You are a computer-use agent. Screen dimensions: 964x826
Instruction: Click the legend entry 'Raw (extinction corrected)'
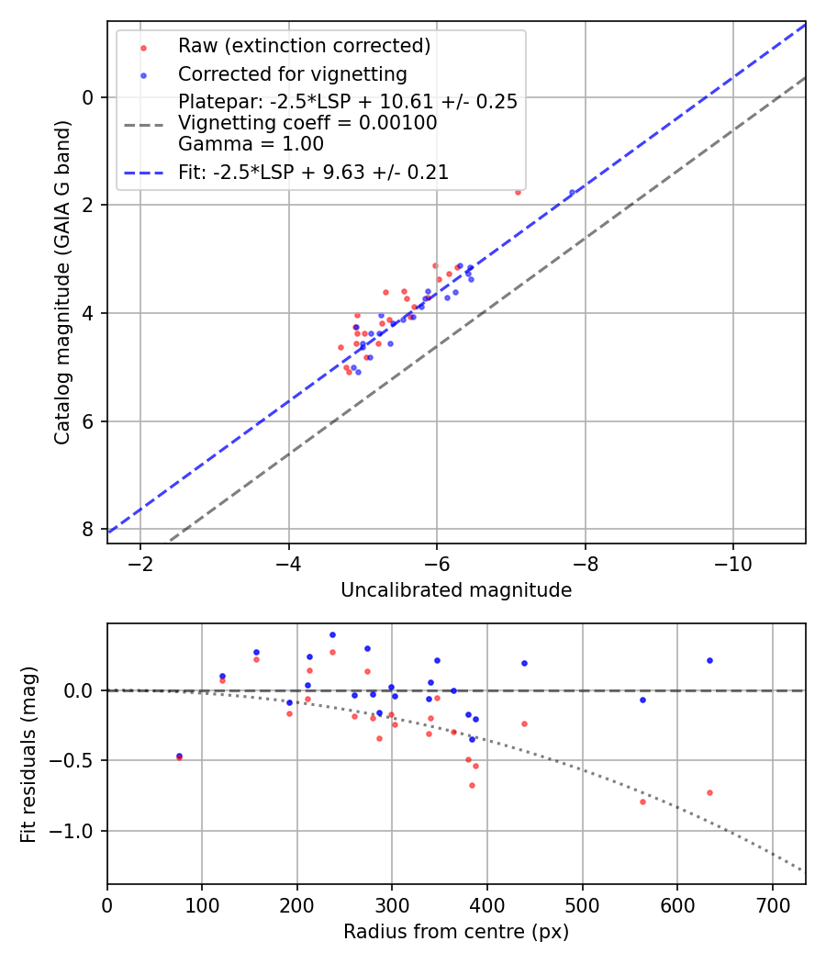pyautogui.click(x=304, y=46)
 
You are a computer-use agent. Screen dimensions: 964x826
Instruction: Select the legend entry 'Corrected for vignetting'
pyautogui.click(x=292, y=73)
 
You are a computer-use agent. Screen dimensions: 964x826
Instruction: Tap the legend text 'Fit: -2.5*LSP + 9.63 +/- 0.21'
pyautogui.click(x=313, y=172)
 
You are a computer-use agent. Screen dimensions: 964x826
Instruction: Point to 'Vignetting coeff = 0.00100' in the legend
pyautogui.click(x=307, y=123)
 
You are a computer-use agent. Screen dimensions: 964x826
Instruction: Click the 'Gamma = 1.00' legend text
pyautogui.click(x=251, y=144)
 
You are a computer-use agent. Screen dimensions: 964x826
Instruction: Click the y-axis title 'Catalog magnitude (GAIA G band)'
pyautogui.click(x=61, y=282)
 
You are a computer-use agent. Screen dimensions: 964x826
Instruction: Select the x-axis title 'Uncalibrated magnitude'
pyautogui.click(x=456, y=590)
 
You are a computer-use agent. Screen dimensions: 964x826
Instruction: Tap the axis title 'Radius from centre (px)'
pyautogui.click(x=456, y=932)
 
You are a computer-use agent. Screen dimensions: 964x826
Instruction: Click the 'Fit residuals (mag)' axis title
pyautogui.click(x=29, y=754)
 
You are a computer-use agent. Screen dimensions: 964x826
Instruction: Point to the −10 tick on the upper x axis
pyautogui.click(x=731, y=561)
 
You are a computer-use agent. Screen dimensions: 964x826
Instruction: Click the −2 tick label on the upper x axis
pyautogui.click(x=140, y=561)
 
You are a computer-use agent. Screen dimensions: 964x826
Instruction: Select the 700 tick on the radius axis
pyautogui.click(x=772, y=902)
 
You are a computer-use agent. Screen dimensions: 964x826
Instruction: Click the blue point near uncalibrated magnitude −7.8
pyautogui.click(x=572, y=193)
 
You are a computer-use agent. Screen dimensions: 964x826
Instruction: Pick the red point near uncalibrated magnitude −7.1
pyautogui.click(x=518, y=193)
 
